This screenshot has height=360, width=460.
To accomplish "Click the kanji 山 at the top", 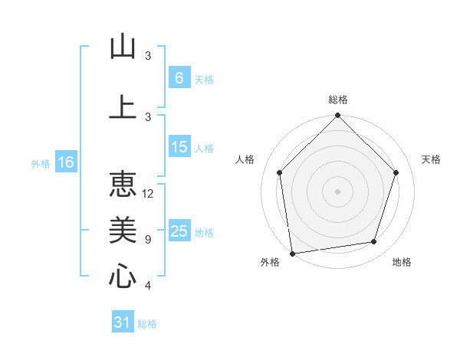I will [123, 47].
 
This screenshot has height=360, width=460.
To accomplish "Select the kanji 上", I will [123, 107].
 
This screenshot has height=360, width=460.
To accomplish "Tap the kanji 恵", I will [123, 185].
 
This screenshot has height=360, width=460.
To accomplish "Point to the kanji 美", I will [123, 231].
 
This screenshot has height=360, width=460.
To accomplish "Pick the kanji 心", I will [123, 277].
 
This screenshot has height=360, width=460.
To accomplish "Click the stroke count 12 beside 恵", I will [148, 194].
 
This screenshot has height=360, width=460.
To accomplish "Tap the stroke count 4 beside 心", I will [147, 286].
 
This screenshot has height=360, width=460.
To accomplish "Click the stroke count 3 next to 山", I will [147, 56].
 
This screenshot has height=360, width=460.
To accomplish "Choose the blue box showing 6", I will [179, 77].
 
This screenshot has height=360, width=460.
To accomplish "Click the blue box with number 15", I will [179, 147].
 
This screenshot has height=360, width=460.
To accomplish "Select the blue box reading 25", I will [179, 231].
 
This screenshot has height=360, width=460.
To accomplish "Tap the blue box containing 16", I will [66, 162].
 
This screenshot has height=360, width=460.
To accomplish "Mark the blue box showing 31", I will [123, 322].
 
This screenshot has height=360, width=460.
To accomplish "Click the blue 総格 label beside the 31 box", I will [147, 324].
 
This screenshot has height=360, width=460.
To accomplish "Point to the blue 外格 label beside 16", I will [41, 163].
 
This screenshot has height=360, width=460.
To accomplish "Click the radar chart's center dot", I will [337, 191].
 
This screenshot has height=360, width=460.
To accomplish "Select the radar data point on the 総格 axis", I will [337, 116].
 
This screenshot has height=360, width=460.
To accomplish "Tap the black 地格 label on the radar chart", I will [402, 262].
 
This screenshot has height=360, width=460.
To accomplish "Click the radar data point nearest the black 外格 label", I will [292, 252].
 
